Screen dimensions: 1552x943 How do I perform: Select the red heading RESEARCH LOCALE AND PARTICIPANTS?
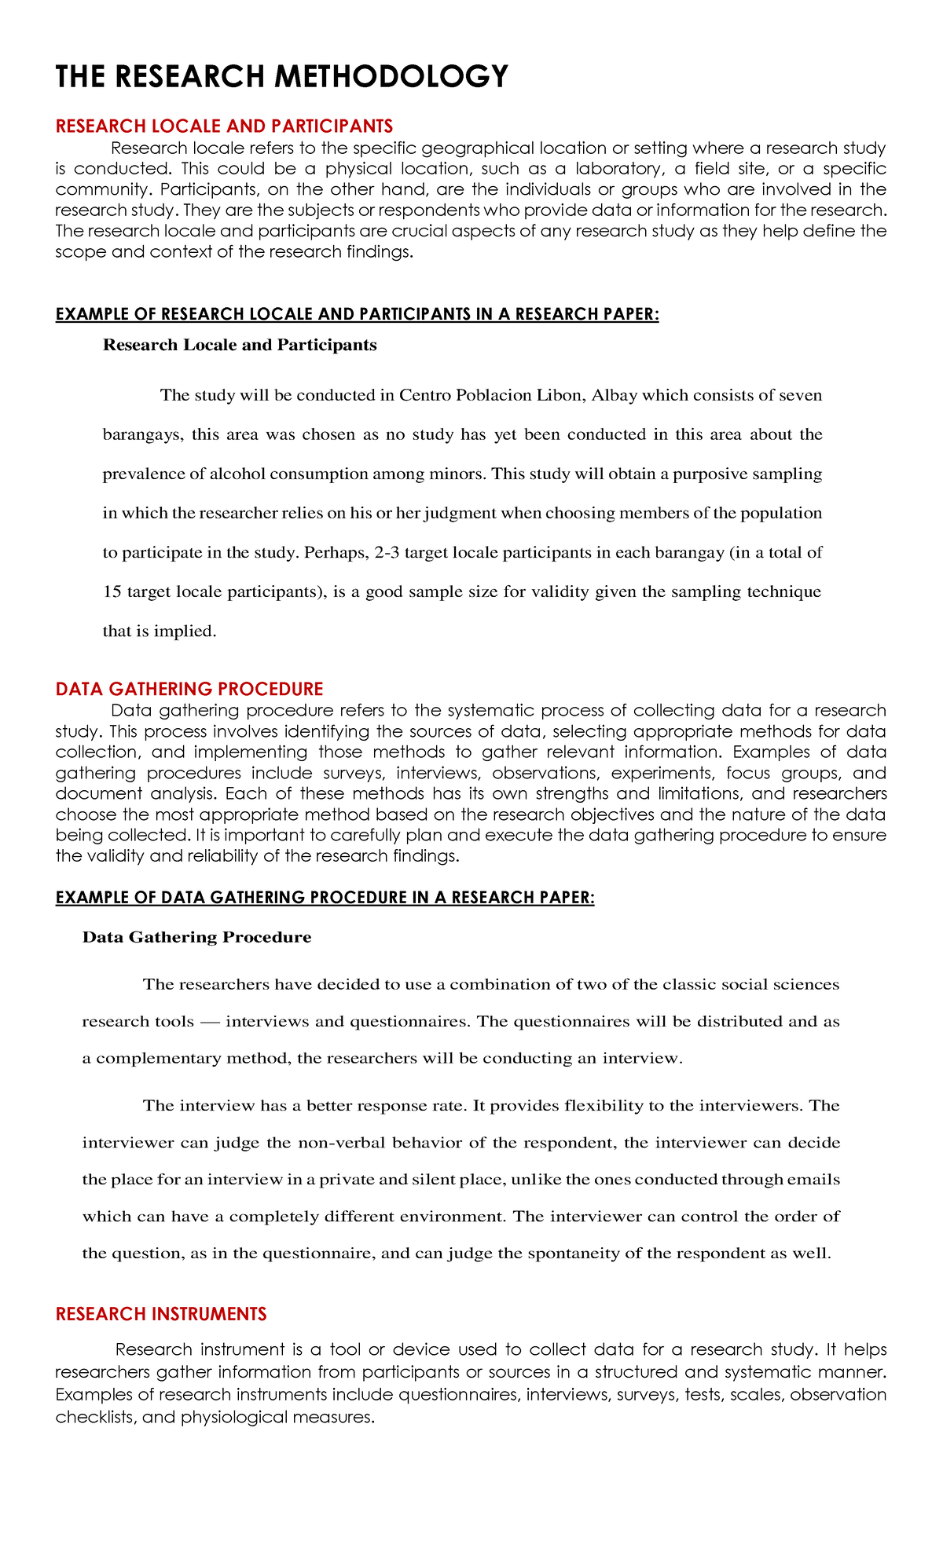(224, 126)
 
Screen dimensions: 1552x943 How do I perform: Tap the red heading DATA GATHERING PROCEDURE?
(189, 689)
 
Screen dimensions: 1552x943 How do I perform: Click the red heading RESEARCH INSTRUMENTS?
(161, 1314)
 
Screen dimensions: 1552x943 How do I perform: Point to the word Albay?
(614, 395)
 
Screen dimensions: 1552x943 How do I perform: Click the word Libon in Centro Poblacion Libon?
(560, 395)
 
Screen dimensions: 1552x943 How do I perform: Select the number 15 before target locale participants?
(112, 591)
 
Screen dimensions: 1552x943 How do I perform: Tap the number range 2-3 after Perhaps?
(389, 552)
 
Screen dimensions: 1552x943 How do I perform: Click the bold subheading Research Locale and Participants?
(240, 345)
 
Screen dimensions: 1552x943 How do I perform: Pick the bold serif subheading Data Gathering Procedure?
(196, 937)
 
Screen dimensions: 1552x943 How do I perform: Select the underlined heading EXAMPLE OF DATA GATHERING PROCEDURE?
(325, 898)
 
